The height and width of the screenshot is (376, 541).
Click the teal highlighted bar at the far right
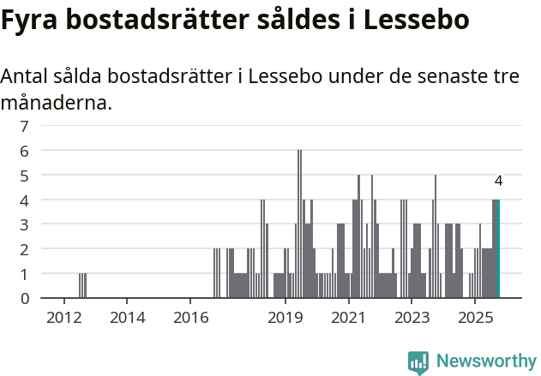point(497,249)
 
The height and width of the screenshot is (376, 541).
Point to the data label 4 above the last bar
point(498,181)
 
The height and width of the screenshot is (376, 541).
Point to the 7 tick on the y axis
point(24,126)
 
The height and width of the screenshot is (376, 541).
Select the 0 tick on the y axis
point(24,299)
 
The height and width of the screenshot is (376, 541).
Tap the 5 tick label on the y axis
point(24,176)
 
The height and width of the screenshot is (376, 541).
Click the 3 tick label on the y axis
point(24,224)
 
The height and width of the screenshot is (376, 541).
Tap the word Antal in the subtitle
point(26,76)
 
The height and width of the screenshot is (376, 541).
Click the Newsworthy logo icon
point(418,362)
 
